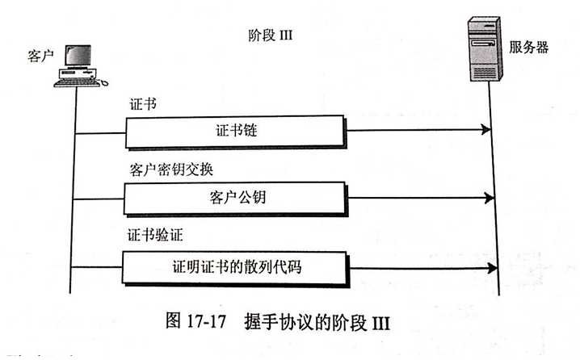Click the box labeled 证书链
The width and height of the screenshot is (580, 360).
click(x=239, y=130)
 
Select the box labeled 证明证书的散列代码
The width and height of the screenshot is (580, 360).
click(x=237, y=267)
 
